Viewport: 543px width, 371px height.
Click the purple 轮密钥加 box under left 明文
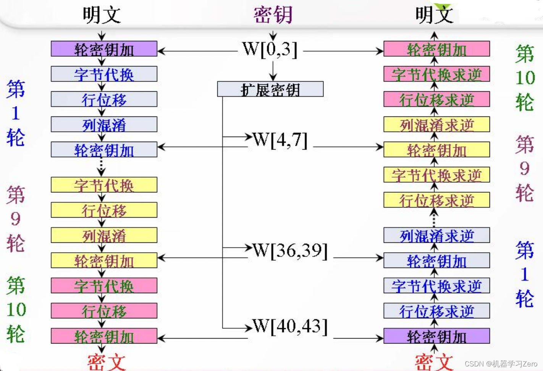pyautogui.click(x=104, y=49)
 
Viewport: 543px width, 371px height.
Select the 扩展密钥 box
pyautogui.click(x=270, y=89)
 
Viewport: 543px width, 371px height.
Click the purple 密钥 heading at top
pyautogui.click(x=273, y=15)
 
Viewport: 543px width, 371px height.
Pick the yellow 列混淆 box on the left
pyautogui.click(x=104, y=236)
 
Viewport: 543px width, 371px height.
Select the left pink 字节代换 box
pyautogui.click(x=104, y=286)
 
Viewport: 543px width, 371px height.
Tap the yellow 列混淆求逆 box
pyautogui.click(x=436, y=125)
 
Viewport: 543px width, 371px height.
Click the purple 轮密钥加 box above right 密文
pyautogui.click(x=436, y=336)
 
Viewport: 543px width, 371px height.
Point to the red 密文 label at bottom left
pyautogui.click(x=106, y=361)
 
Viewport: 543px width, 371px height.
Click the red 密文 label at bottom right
pyautogui.click(x=433, y=361)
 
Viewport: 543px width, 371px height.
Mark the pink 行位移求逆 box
pyautogui.click(x=436, y=100)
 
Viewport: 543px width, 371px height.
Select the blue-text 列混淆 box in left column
pyautogui.click(x=104, y=125)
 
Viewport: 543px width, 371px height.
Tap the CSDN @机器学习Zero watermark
pyautogui.click(x=501, y=364)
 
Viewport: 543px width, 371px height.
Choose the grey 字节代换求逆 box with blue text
pyautogui.click(x=436, y=286)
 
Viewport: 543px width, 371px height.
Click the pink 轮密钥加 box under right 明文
pyautogui.click(x=436, y=49)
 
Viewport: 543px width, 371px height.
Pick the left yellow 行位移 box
pyautogui.click(x=104, y=210)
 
